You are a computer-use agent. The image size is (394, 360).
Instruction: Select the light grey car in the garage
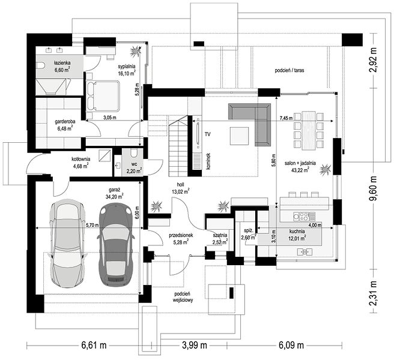tap(67, 242)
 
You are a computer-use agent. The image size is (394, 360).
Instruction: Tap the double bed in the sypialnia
tap(103, 95)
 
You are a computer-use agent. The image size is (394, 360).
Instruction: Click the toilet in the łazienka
tap(40, 65)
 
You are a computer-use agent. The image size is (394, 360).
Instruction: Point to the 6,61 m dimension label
tap(94, 345)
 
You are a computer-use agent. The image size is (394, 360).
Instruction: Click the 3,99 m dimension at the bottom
tap(194, 345)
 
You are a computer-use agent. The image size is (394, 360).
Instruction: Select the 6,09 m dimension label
tap(291, 345)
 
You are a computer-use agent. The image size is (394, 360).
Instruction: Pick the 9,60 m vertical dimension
tap(374, 188)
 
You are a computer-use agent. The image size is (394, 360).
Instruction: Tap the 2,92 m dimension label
tap(374, 60)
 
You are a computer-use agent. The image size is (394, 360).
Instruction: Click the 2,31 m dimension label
tap(374, 293)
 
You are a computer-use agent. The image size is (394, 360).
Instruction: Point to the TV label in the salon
tap(207, 134)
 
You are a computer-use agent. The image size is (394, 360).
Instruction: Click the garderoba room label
tap(65, 122)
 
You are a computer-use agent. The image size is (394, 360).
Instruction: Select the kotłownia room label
tap(81, 159)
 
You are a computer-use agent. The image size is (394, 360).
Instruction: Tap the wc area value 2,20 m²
tap(134, 172)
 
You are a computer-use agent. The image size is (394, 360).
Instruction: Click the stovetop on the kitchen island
tap(301, 216)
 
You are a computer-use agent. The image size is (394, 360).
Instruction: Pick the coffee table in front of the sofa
tap(240, 136)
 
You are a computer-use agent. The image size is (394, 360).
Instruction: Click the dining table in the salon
tap(309, 130)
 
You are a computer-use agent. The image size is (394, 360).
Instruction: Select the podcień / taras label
tap(289, 70)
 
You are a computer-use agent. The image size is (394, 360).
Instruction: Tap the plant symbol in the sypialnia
tap(136, 51)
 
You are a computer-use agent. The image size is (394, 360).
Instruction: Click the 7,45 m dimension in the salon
tap(286, 118)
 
